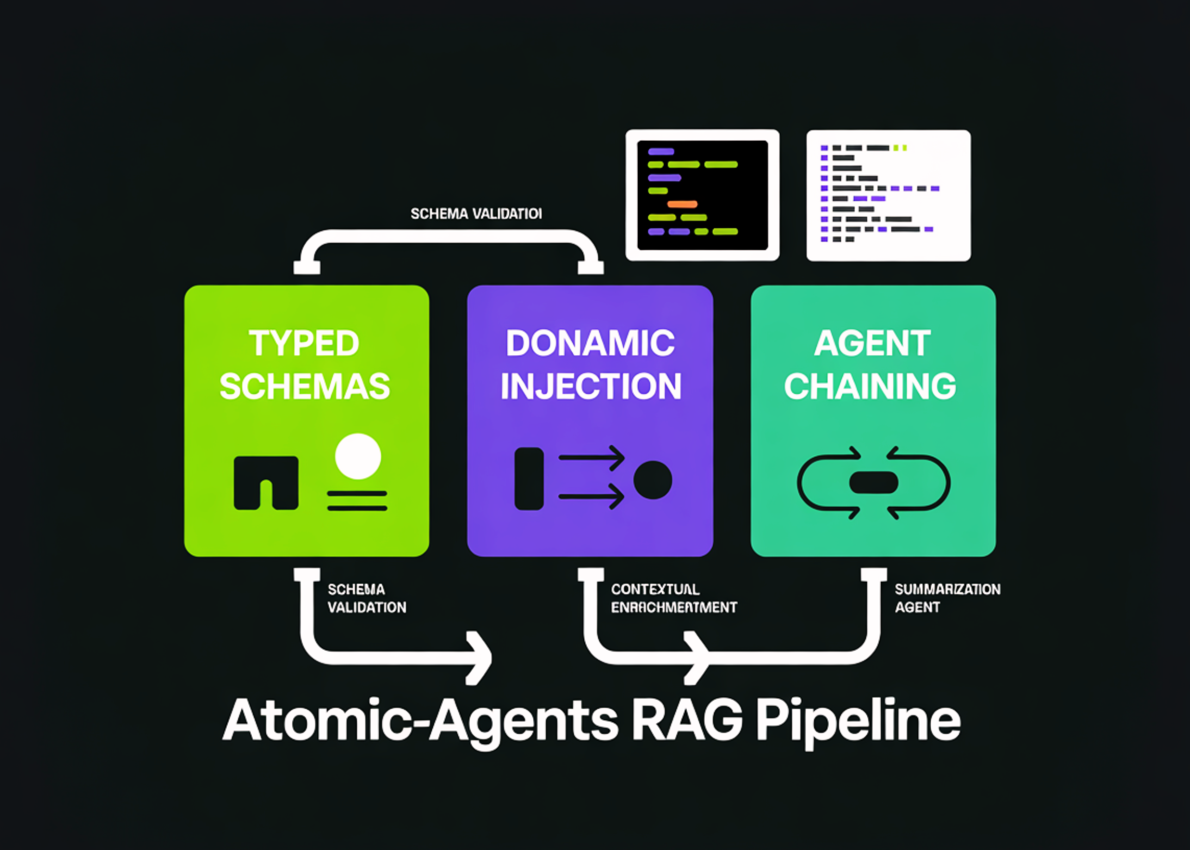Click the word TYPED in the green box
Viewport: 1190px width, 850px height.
(x=304, y=344)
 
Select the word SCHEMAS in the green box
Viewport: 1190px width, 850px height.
(x=305, y=387)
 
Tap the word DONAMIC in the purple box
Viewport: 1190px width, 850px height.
(x=590, y=344)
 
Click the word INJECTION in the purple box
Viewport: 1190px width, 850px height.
(x=591, y=387)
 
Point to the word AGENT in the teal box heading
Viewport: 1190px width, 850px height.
(x=872, y=344)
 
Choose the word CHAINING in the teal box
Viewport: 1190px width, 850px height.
(x=870, y=387)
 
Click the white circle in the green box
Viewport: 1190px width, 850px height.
(x=358, y=456)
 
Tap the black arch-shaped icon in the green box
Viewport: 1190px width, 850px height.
(x=266, y=482)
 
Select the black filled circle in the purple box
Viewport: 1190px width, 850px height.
(x=653, y=480)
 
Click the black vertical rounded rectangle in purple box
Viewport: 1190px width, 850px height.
(x=529, y=479)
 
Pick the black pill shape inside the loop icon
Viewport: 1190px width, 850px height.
(x=873, y=482)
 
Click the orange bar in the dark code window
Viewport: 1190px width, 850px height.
(x=682, y=204)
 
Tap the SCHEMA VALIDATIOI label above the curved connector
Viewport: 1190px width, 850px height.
(x=476, y=214)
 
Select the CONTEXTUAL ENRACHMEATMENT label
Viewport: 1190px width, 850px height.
(x=673, y=598)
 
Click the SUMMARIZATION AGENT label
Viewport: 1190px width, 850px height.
(x=947, y=598)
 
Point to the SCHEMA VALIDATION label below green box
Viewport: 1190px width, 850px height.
(x=366, y=598)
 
